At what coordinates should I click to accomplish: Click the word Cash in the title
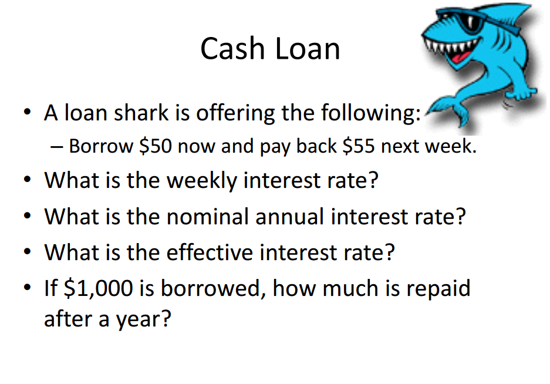(232, 48)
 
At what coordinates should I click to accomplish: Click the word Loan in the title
(308, 48)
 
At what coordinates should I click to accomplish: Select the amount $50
(156, 146)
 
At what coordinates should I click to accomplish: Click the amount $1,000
(99, 288)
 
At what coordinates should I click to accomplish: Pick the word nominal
(208, 216)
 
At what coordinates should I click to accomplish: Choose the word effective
(210, 252)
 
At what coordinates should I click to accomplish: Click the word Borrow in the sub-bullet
(101, 146)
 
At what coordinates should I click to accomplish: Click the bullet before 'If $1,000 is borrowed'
(28, 288)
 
